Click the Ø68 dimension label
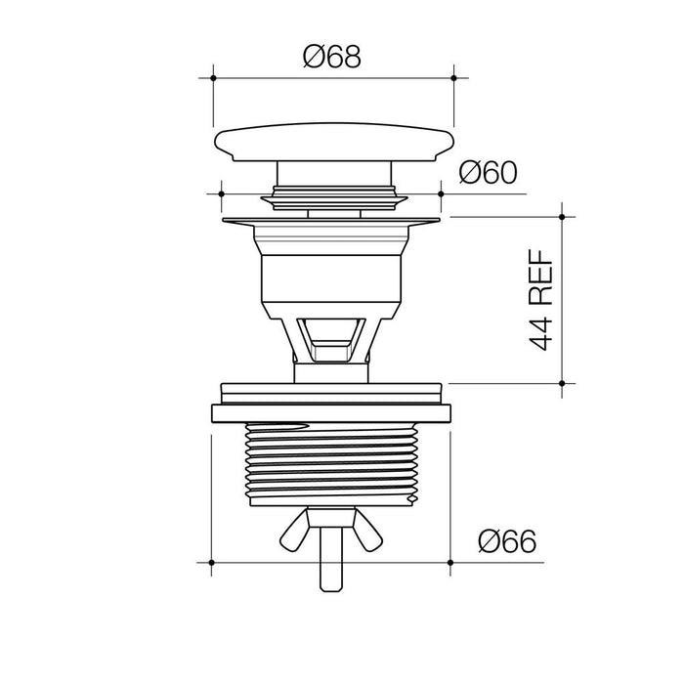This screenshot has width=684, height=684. [332, 57]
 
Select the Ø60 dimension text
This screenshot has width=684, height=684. [489, 172]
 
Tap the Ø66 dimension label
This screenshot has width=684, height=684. [507, 541]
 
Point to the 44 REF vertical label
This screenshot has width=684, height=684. [541, 300]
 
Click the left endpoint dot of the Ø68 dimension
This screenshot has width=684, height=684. [213, 78]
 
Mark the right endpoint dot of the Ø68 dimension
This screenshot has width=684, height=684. [453, 78]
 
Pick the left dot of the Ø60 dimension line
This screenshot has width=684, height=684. [222, 193]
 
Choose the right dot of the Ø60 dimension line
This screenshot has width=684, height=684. [441, 193]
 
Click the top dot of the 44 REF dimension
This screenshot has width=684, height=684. [562, 217]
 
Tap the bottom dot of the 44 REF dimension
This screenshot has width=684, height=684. [562, 383]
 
